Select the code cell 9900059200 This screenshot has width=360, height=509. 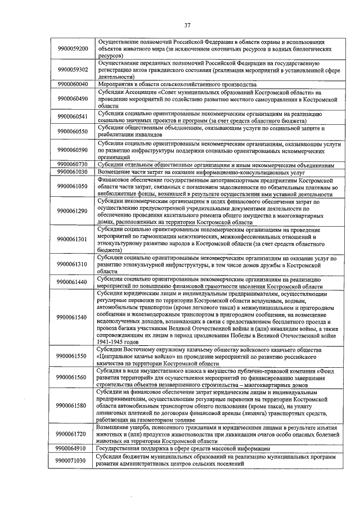click(x=73, y=49)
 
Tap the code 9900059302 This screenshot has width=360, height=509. click(x=73, y=70)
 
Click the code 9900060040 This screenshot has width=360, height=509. click(x=73, y=84)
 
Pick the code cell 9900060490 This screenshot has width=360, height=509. click(x=73, y=98)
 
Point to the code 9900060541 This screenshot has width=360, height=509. click(x=73, y=116)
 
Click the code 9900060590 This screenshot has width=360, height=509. click(x=73, y=150)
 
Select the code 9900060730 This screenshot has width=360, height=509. click(x=73, y=164)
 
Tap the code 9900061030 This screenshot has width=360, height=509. click(x=73, y=172)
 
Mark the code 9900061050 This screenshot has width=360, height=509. click(x=73, y=186)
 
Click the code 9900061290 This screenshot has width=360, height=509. click(x=73, y=211)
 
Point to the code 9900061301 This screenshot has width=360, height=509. click(x=73, y=239)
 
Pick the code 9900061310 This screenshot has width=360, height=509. click(x=73, y=264)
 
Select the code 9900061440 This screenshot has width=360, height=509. click(x=73, y=281)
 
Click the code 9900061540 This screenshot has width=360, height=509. click(x=73, y=317)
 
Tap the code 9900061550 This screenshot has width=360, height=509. click(x=73, y=356)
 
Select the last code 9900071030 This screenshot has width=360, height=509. click(x=73, y=461)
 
